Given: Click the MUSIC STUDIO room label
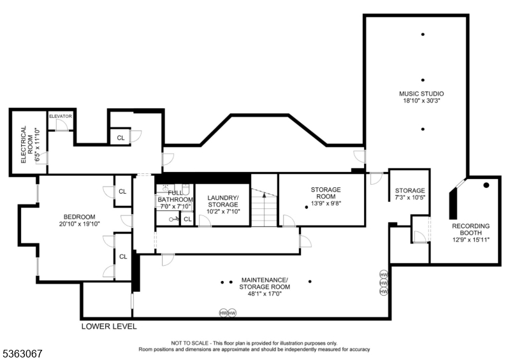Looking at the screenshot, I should pos(421,94).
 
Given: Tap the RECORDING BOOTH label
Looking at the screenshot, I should pos(470,229).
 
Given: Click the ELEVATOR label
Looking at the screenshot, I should pos(61,116).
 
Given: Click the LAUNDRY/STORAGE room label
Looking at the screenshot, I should pos(222,201).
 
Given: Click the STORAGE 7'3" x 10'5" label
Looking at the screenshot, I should pos(409,194).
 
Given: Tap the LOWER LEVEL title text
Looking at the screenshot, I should pos(108,326).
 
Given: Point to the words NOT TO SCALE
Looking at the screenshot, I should pos(189,343).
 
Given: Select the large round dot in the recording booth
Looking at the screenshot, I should pos(486,185).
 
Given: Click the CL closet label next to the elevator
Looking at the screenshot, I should pos(120,136).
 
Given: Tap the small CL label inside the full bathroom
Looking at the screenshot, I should pos(187,219).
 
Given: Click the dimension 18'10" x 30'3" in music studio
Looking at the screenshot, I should pos(421,101).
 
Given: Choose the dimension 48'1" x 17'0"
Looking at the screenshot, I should pos(265,294).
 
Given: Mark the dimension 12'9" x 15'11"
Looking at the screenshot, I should pos(470,240).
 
